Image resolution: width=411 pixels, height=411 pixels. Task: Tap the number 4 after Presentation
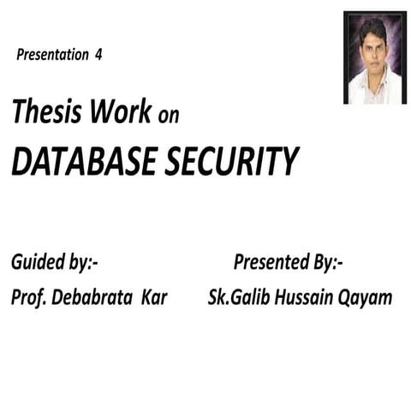point(99,56)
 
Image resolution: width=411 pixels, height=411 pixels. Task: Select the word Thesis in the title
point(44,112)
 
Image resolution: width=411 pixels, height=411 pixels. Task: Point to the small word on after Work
point(169,115)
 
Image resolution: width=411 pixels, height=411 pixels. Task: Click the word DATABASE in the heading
point(81,160)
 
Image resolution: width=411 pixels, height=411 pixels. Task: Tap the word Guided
point(39,263)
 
